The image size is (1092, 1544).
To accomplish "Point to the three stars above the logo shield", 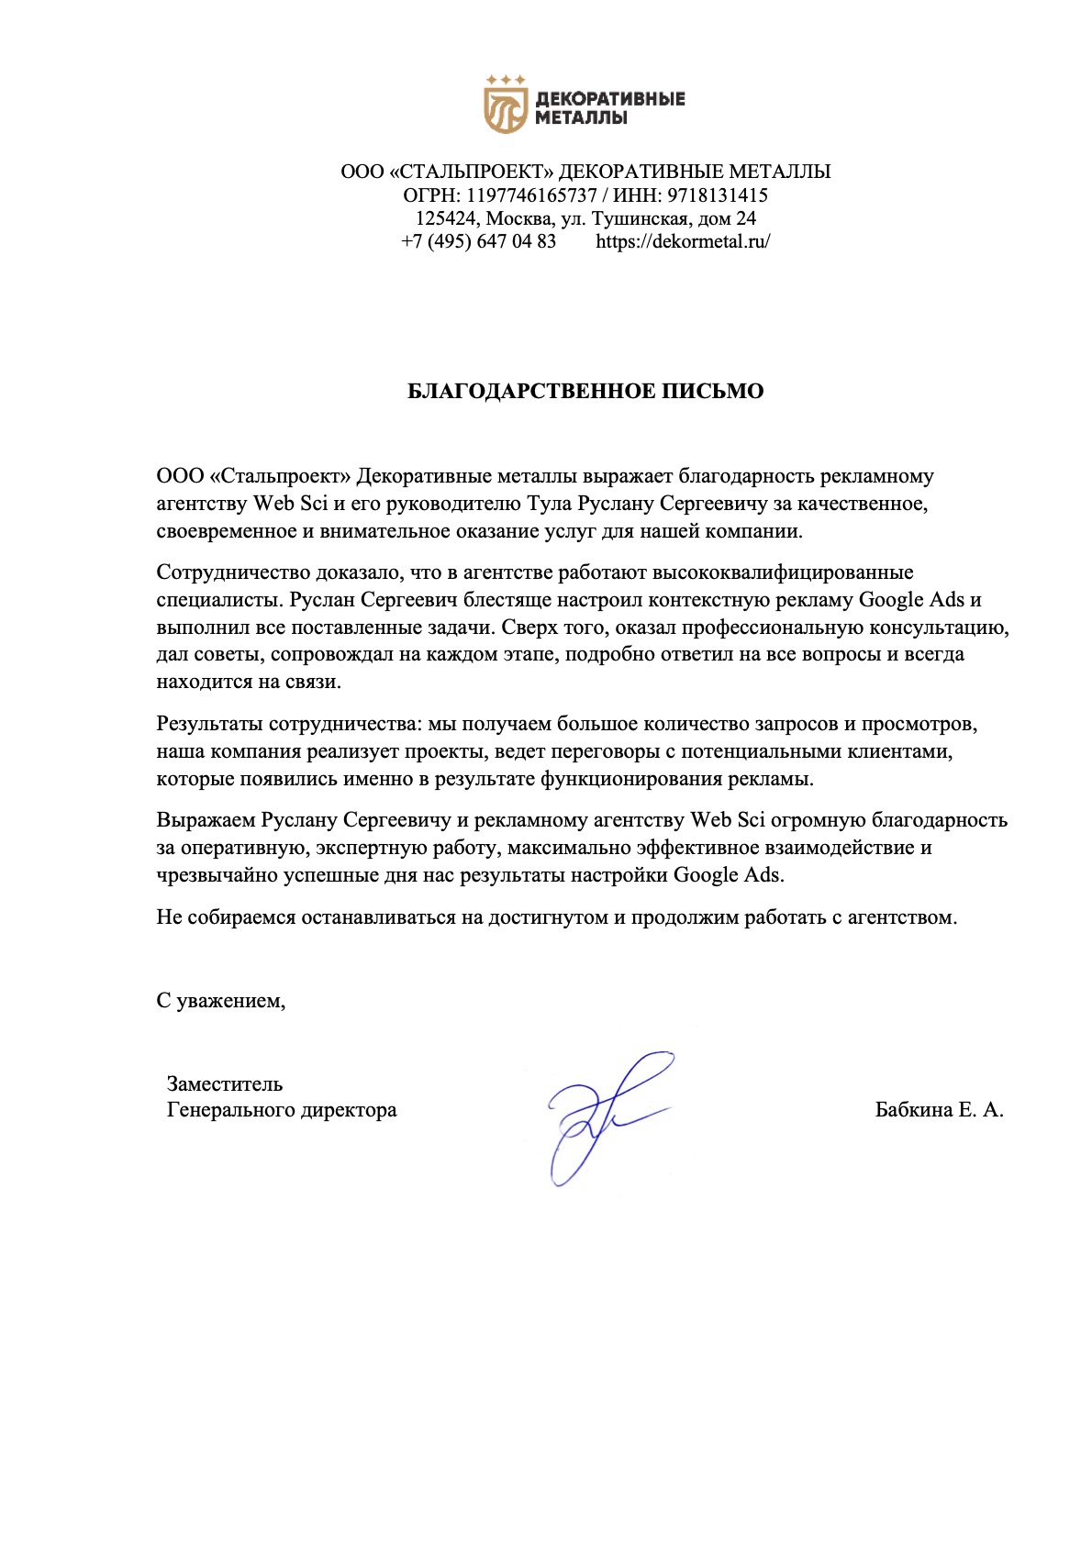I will click(506, 80).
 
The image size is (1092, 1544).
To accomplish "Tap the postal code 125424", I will click(445, 218).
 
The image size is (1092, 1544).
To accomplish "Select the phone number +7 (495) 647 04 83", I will click(478, 241).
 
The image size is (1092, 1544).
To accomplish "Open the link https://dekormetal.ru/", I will click(683, 241).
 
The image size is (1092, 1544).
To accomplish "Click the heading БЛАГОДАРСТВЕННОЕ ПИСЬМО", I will click(585, 392).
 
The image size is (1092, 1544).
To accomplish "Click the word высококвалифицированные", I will click(783, 572).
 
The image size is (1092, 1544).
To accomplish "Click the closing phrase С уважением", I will click(221, 1001).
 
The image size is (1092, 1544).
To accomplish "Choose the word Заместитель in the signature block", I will click(225, 1084).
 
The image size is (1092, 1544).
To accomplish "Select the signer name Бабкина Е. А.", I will click(939, 1110).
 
